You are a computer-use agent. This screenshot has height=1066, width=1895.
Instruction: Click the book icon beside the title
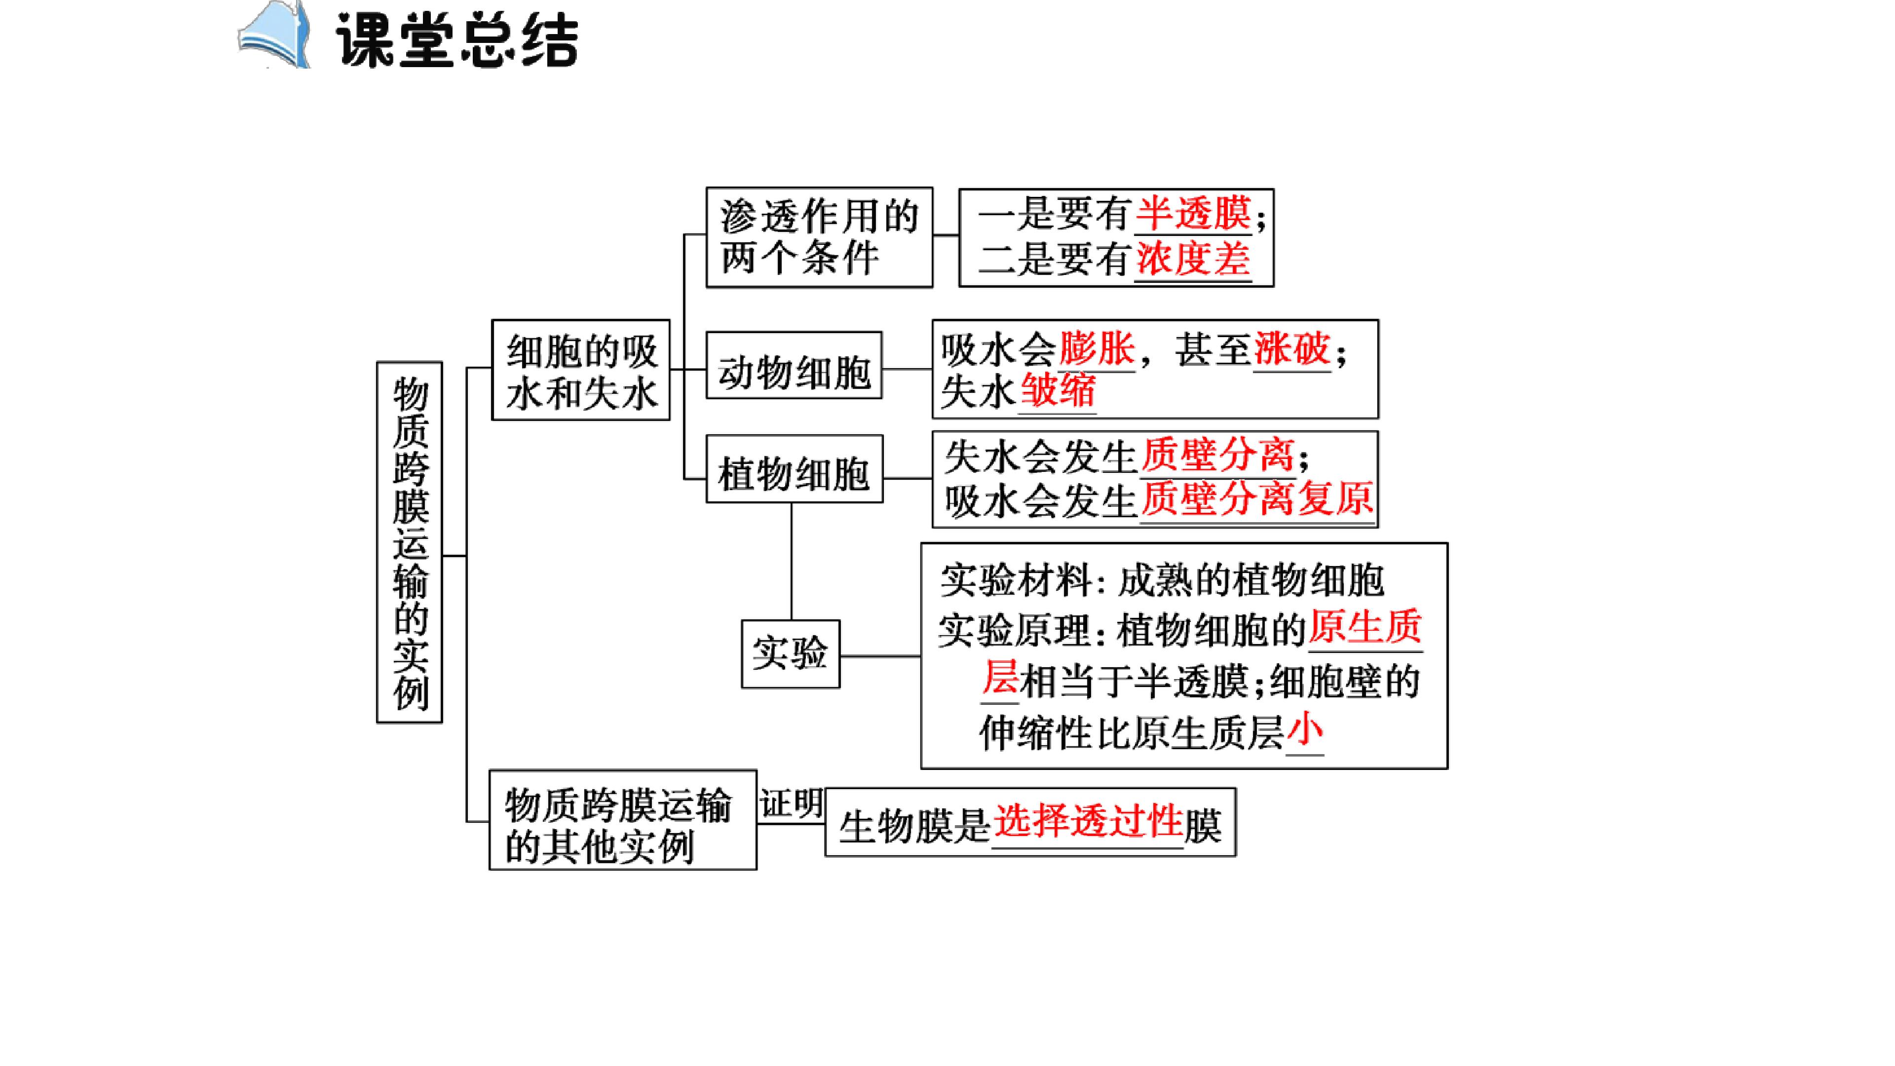click(x=274, y=36)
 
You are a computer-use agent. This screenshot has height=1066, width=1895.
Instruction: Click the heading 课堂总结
click(x=457, y=40)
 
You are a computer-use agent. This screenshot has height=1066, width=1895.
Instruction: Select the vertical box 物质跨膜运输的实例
click(x=410, y=542)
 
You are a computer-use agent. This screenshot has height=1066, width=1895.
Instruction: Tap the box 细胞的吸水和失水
click(x=581, y=370)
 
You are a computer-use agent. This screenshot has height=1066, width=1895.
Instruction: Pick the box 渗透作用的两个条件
click(x=820, y=237)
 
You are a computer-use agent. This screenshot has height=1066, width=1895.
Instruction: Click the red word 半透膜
click(x=1193, y=214)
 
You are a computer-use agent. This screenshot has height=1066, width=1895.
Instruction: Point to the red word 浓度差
click(x=1193, y=259)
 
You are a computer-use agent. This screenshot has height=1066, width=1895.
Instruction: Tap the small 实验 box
click(x=791, y=654)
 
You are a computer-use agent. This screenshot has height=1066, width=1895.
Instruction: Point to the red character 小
click(x=1305, y=731)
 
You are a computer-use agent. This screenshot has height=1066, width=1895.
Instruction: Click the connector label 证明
click(x=791, y=803)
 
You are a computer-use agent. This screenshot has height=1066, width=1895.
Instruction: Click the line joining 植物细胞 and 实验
click(x=792, y=561)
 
